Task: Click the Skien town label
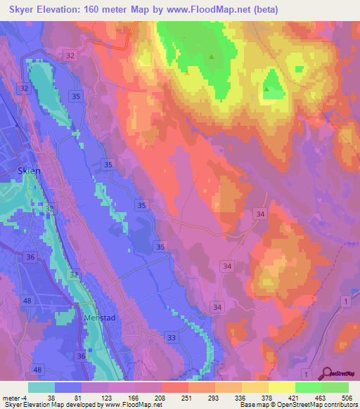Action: [x=30, y=171]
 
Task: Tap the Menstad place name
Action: [x=98, y=318]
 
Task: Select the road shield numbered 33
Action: [x=172, y=338]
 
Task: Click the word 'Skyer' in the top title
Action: [x=26, y=10]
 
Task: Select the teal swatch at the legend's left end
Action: [x=41, y=387]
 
